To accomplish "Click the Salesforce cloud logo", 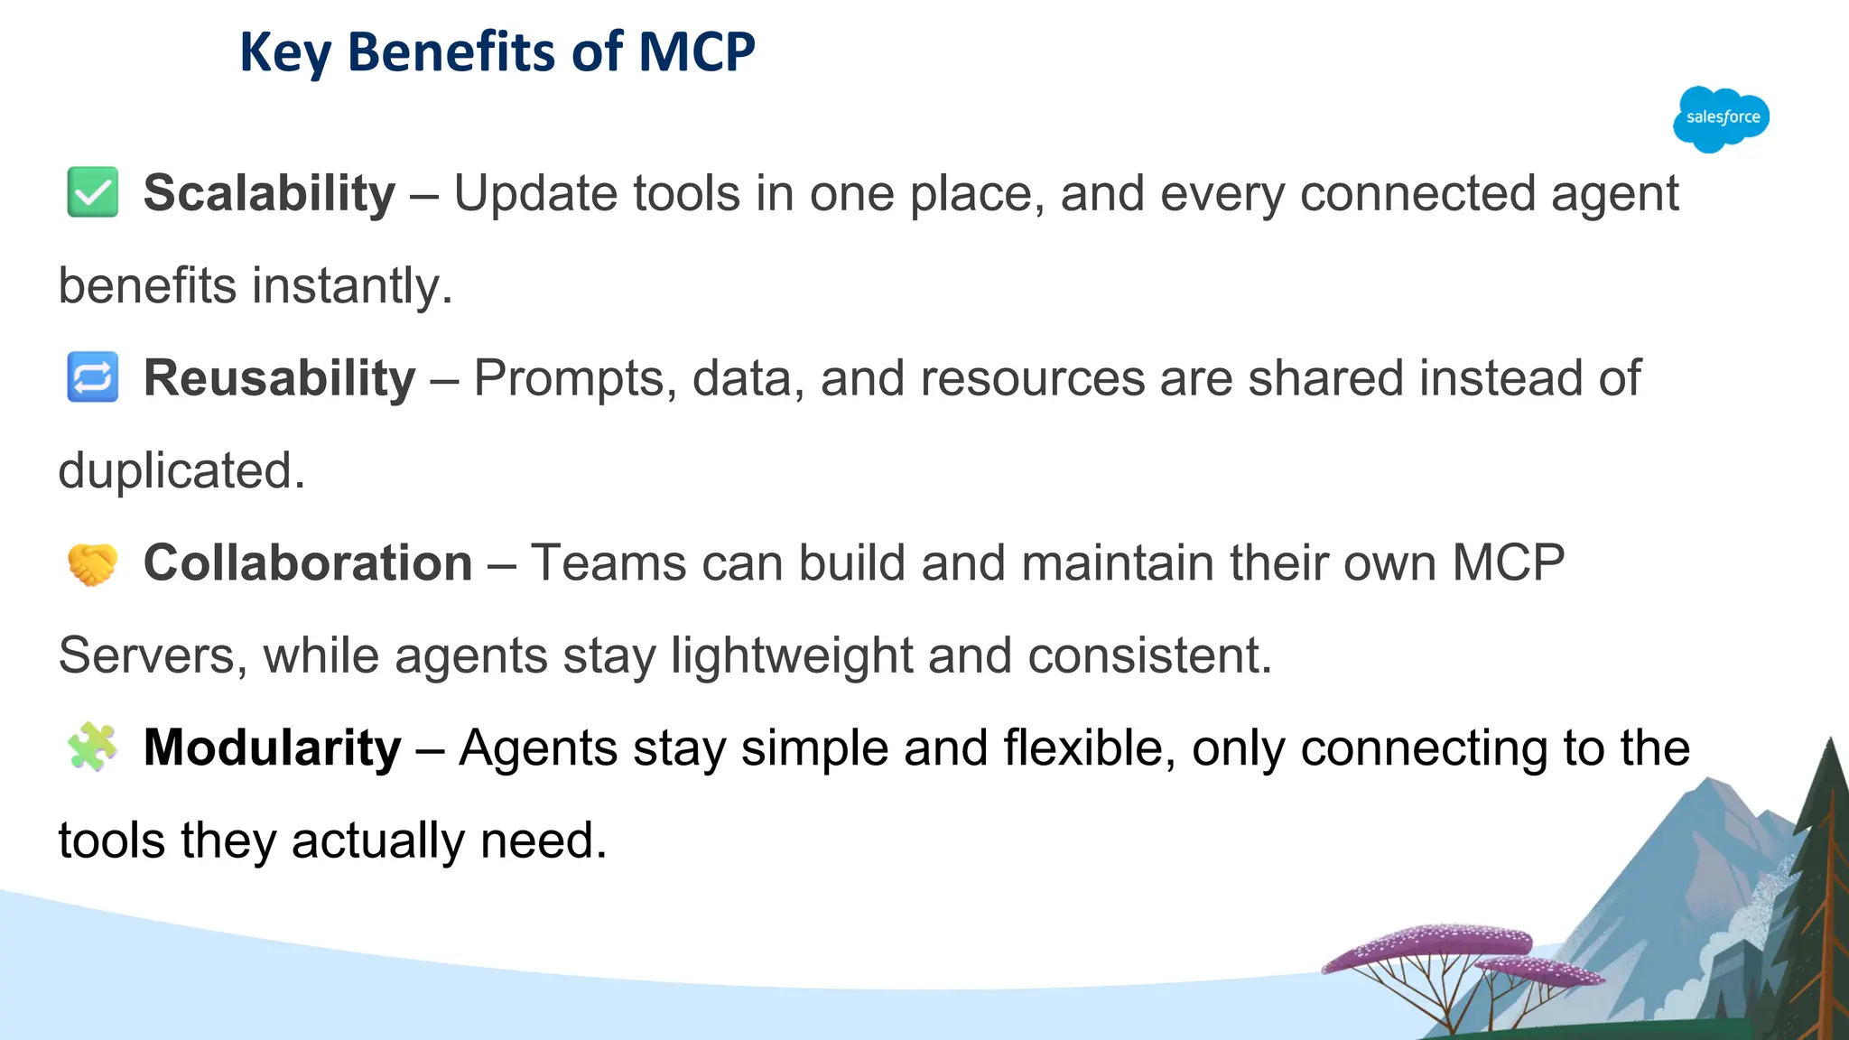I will pos(1721,118).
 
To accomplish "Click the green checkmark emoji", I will pos(93,192).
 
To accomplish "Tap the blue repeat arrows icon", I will pos(93,376).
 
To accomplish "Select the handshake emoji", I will pos(93,563).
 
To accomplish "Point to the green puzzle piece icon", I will pos(93,747).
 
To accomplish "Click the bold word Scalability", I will pos(269,193).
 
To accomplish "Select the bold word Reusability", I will pos(279,377).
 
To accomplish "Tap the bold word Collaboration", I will pos(308,563).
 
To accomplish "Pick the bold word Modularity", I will pos(272,747).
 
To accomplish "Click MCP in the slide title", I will pos(696,51).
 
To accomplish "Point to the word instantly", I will pos(351,286).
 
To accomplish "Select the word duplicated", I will pos(181,470).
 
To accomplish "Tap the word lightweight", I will pos(792,655).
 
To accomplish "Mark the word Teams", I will pos(608,563).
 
